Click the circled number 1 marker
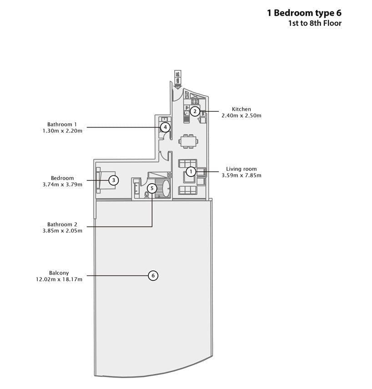[x=191, y=171]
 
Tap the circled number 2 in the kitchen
[x=195, y=111]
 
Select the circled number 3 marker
[x=114, y=180]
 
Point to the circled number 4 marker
[x=165, y=128]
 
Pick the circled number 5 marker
[x=152, y=189]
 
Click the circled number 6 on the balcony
[x=153, y=275]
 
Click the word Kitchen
[x=241, y=109]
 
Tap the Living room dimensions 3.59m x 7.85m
[x=241, y=175]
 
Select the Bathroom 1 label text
[x=62, y=125]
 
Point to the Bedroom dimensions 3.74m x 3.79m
[x=62, y=185]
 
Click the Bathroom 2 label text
[x=62, y=224]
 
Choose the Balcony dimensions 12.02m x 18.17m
[x=59, y=279]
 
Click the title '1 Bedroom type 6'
[x=304, y=13]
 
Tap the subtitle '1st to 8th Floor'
[x=315, y=23]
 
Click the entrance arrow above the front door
[x=177, y=80]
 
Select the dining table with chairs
[x=188, y=141]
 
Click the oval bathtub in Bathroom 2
[x=166, y=188]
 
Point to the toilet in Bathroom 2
[x=146, y=194]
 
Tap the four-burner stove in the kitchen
[x=195, y=101]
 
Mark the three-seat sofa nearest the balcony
[x=187, y=190]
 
